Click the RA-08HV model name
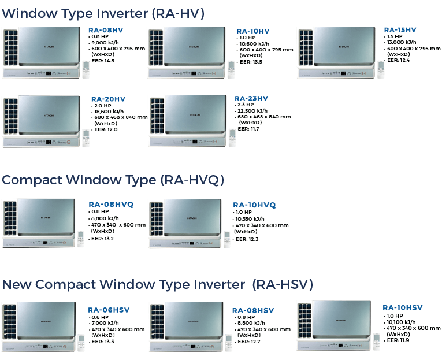tap(106, 29)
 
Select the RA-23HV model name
tap(251, 98)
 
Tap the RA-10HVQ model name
tap(254, 205)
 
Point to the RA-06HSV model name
tap(109, 310)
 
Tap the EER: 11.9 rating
tap(398, 340)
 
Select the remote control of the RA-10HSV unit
tap(377, 340)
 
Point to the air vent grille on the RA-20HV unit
tap(11, 120)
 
